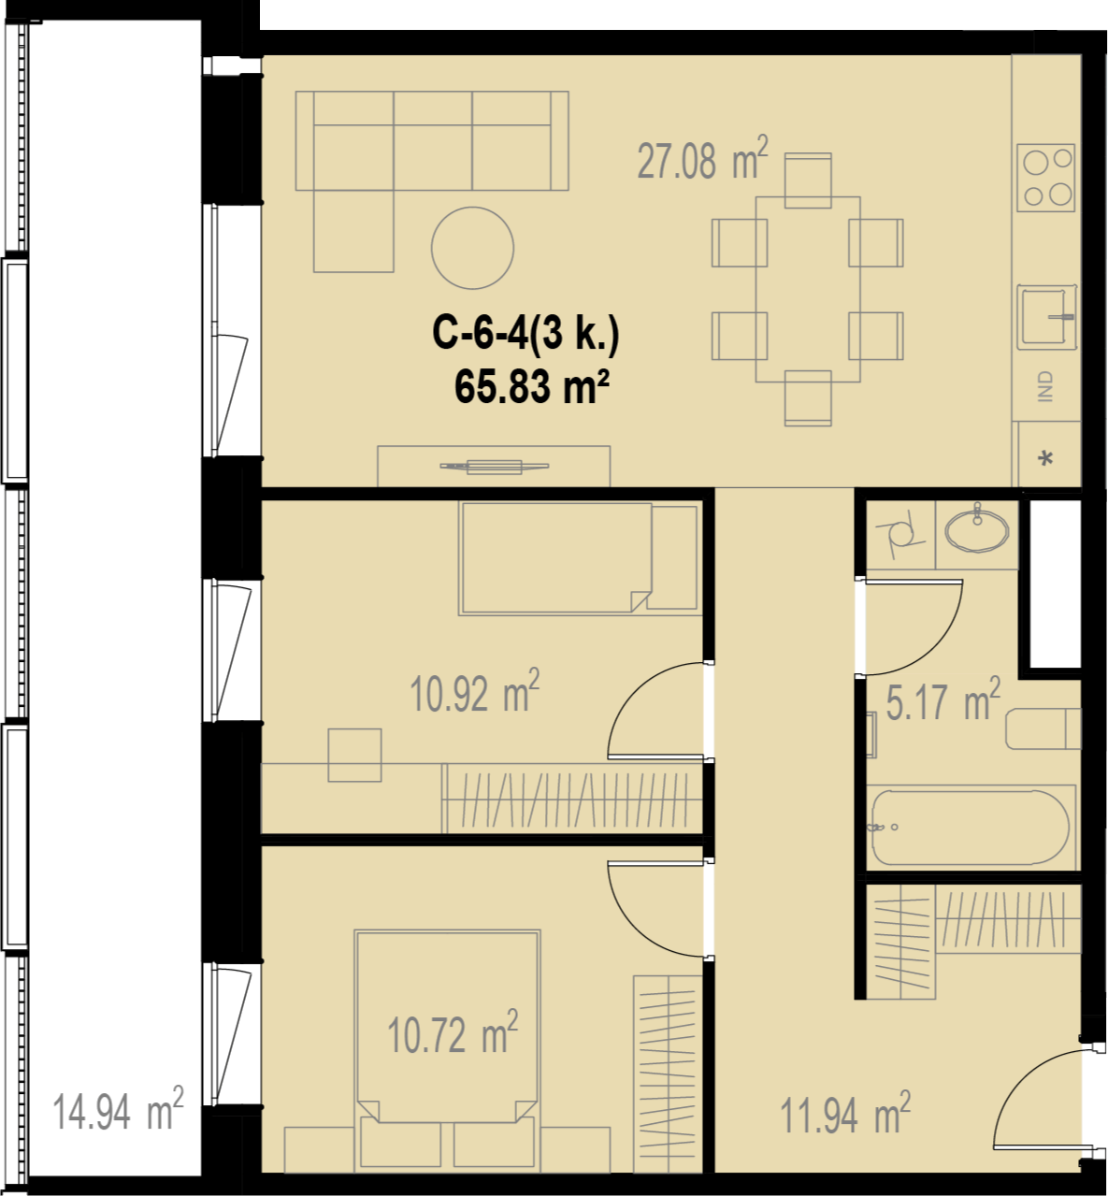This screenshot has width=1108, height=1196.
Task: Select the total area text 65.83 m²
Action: [532, 386]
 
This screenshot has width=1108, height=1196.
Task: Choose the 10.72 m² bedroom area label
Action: [453, 1032]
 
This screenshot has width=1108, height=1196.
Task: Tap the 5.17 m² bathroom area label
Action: [943, 699]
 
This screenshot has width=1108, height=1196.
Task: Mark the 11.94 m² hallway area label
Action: [845, 1114]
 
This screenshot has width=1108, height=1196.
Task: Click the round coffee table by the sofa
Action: [473, 248]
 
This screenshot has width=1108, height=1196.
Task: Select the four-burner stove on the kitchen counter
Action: [1046, 178]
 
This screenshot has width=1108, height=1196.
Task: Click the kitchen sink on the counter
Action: [1046, 317]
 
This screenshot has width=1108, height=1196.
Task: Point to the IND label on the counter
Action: [1045, 386]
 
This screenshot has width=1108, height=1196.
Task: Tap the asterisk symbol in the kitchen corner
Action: [1046, 459]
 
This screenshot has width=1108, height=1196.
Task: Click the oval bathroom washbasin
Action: [977, 530]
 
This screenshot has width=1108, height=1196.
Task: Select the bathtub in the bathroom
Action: [971, 828]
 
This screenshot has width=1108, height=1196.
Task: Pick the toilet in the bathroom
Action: [1043, 729]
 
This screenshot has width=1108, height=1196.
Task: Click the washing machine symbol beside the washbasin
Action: [901, 534]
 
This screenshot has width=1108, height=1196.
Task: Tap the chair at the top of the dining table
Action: [808, 180]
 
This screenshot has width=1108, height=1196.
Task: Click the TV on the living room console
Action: [495, 466]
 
